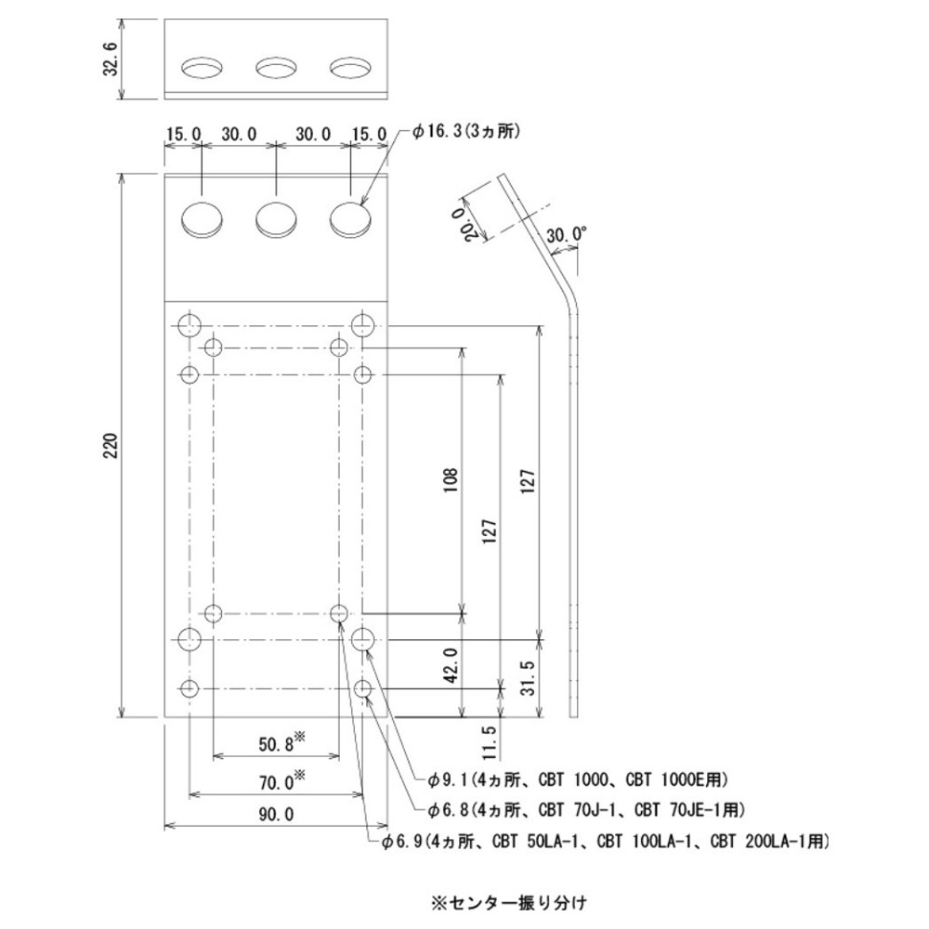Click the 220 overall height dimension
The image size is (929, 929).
[x=110, y=446]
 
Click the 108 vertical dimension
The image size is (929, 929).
[x=451, y=483]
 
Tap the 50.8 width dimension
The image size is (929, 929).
[x=276, y=743]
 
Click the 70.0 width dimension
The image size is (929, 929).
[x=276, y=782]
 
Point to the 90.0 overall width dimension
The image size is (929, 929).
[x=276, y=815]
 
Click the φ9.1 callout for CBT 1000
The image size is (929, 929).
[x=577, y=778]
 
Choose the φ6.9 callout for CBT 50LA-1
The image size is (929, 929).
[x=604, y=842]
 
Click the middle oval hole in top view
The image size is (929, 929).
[x=276, y=69]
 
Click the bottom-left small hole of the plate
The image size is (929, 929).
[x=190, y=689]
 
